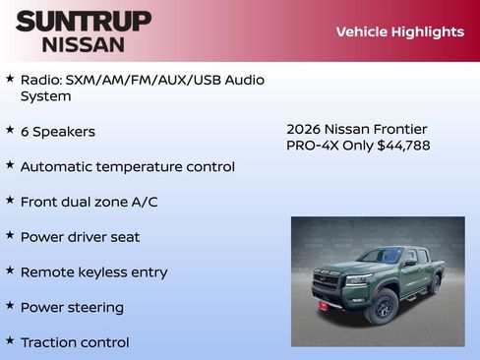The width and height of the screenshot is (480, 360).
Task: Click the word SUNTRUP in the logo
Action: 84,20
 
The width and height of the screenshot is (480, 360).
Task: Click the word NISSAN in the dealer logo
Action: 84,43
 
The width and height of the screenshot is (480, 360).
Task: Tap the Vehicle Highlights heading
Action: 399,31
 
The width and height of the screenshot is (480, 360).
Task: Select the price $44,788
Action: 403,146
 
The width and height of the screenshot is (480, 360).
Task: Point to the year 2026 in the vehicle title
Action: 303,129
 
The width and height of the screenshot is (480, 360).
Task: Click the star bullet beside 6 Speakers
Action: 10,130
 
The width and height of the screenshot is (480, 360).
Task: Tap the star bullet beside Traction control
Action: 10,341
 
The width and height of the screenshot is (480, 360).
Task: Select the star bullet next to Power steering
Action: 10,306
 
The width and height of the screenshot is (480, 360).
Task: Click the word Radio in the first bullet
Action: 40,80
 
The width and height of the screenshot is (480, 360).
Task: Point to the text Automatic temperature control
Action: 127,166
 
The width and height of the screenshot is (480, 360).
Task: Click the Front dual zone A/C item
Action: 89,202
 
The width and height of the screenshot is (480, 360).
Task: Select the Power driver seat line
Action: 80,237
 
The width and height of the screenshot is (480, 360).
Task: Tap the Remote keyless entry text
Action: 93,272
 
